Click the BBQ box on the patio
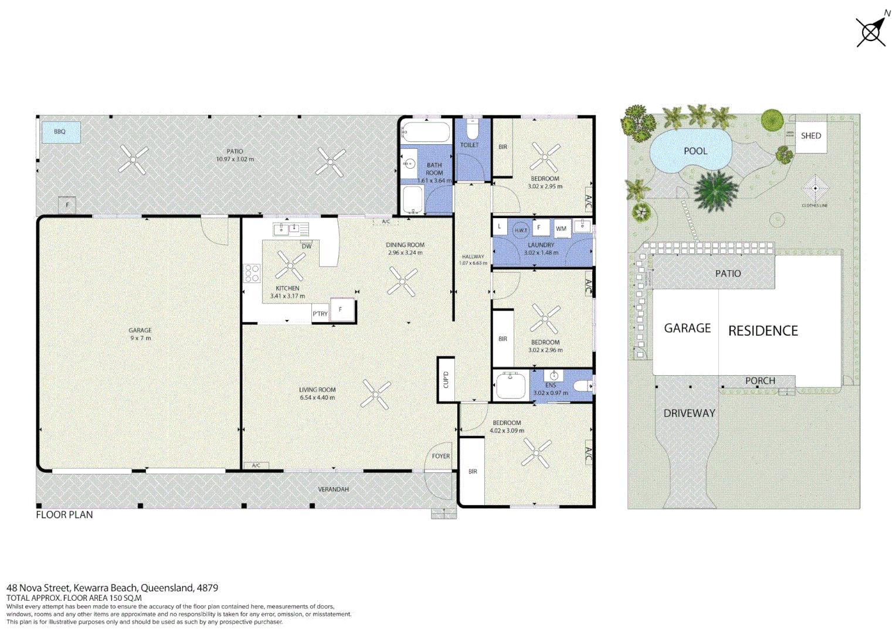click(60, 132)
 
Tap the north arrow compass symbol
click(872, 30)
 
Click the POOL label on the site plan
click(695, 151)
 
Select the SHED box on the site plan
click(811, 136)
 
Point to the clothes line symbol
click(814, 189)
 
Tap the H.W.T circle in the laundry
click(521, 230)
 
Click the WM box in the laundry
click(561, 229)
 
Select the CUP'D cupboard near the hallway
click(446, 380)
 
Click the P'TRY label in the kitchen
click(320, 314)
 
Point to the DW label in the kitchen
click(307, 246)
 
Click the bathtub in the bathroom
click(426, 132)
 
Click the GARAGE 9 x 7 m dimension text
click(140, 338)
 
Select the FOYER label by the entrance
click(441, 456)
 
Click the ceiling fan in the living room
click(375, 394)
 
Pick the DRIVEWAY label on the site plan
click(689, 413)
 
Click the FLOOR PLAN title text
click(65, 515)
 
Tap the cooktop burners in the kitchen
click(252, 273)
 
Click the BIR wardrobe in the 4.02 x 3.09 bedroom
click(473, 471)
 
